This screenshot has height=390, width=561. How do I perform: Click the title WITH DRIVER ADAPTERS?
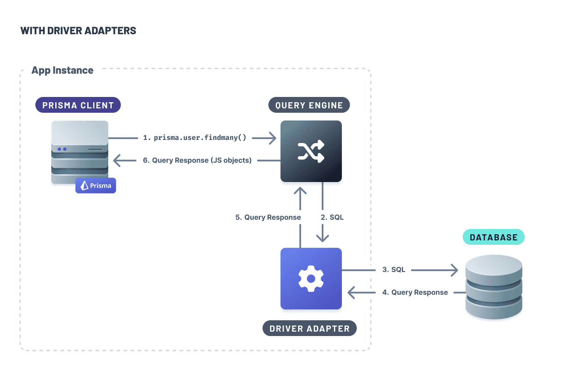point(78,31)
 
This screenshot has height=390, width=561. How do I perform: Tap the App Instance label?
point(62,70)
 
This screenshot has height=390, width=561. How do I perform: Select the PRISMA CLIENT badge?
point(78,105)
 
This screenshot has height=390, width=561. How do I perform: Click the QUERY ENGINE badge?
point(309,105)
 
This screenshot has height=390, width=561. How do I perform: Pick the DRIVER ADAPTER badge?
point(309,329)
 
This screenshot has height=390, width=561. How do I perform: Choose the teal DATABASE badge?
point(494,237)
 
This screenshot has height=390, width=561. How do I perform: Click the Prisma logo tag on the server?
point(96,186)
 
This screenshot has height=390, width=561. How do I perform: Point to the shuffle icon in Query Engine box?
point(311,151)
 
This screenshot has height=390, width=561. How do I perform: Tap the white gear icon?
point(311,279)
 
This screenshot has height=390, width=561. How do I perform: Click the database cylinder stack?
point(494,287)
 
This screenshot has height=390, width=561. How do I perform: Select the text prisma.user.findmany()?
point(200,138)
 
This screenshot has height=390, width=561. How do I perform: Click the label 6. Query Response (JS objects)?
point(197,161)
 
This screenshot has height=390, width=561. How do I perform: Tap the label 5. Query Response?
point(268,217)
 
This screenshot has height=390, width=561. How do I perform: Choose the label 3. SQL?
point(394,270)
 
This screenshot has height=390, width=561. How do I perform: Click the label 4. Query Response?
point(415,292)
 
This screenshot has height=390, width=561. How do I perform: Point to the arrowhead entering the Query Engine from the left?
point(272,139)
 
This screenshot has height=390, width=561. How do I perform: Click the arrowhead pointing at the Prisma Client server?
point(117,161)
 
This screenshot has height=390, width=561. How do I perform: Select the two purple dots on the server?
point(61,149)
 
